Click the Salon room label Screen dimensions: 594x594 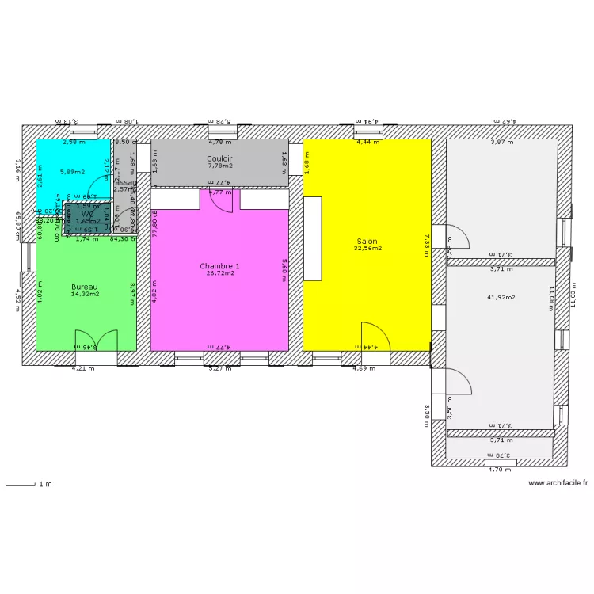(367, 240)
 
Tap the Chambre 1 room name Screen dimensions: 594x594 (220, 266)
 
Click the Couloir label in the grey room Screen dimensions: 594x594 (219, 158)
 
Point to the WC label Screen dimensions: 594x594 (88, 215)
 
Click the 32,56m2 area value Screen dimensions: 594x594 (367, 248)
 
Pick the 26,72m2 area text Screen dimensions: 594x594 (220, 274)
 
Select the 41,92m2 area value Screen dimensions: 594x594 (501, 297)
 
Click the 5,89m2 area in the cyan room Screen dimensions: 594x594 (73, 171)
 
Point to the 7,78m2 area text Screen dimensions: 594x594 (219, 166)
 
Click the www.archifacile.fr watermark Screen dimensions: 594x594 (558, 482)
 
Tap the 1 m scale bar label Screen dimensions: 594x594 (46, 484)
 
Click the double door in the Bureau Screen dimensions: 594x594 (96, 340)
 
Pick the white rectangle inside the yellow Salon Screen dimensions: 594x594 (313, 238)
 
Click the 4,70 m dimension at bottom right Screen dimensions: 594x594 (500, 470)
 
